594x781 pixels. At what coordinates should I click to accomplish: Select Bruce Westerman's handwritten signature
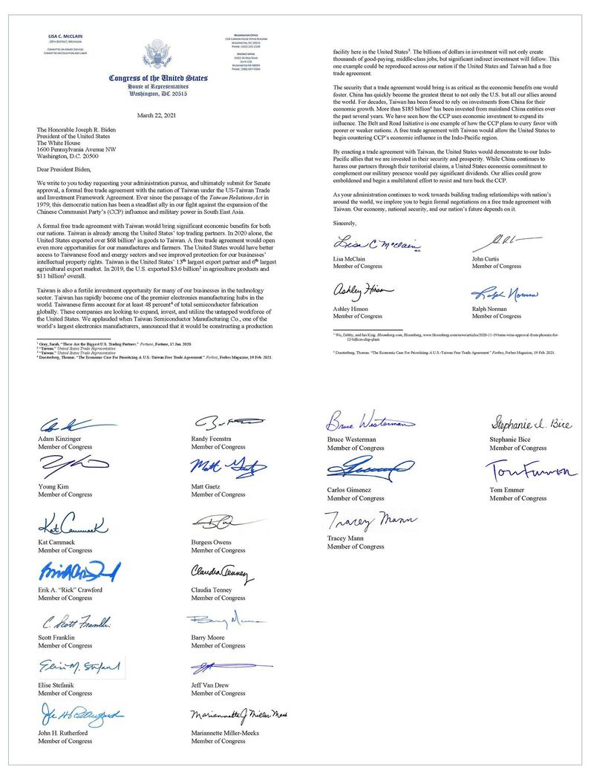pos(367,425)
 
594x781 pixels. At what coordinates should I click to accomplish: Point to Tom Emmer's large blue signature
pos(529,470)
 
